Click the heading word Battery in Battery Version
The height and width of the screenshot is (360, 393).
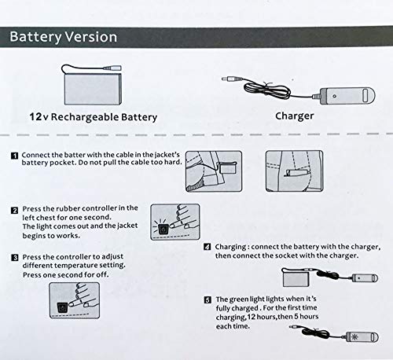point(39,37)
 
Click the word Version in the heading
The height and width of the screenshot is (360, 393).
point(93,37)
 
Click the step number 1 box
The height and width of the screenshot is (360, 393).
point(15,156)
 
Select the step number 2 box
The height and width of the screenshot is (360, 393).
point(15,209)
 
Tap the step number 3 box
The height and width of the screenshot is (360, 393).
point(15,257)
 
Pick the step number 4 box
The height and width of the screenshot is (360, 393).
point(207,246)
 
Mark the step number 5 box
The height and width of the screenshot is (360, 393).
point(207,299)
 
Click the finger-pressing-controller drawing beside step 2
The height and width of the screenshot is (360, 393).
point(174,222)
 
